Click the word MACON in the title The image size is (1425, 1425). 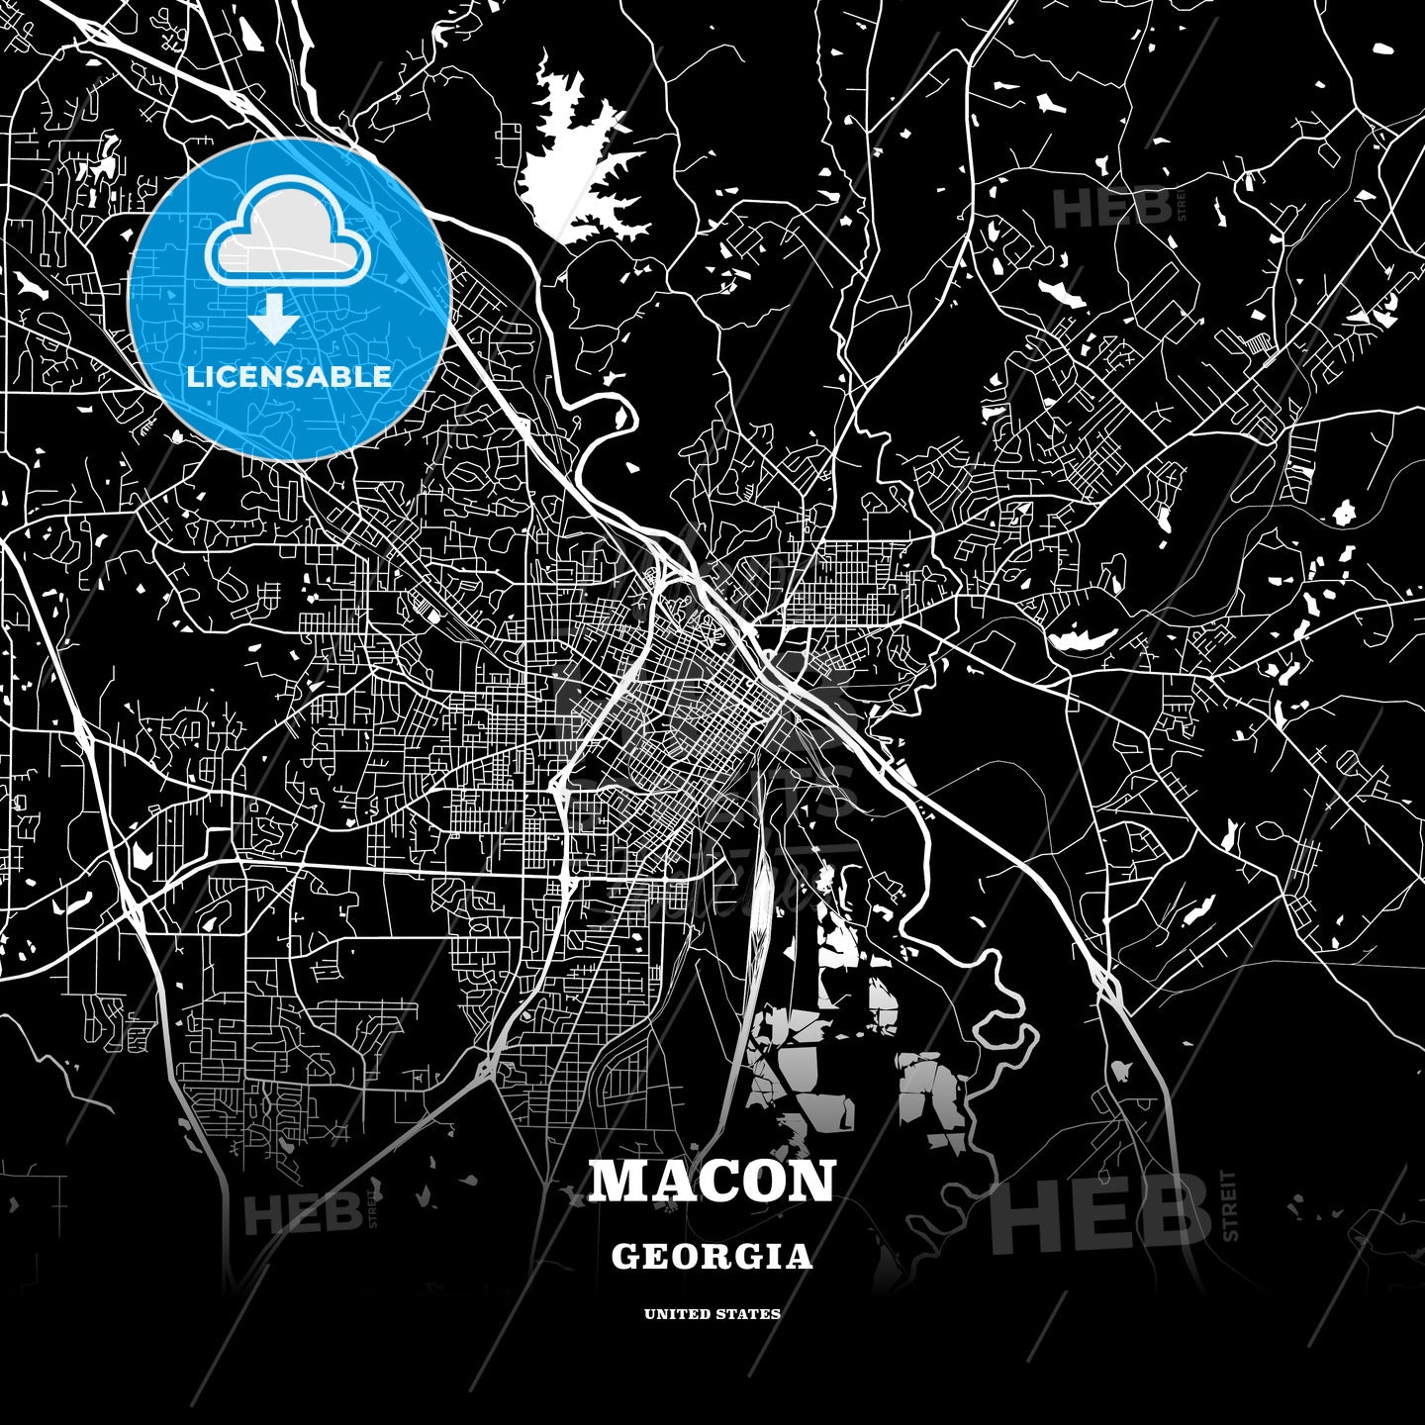point(712,1182)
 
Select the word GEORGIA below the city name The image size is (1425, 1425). point(712,1257)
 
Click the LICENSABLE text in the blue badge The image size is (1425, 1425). point(289,376)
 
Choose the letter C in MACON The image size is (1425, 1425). point(713,1182)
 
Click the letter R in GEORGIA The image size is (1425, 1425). point(725,1257)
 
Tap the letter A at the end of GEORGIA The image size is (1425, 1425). point(800,1257)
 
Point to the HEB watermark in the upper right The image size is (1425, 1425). point(1110,208)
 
